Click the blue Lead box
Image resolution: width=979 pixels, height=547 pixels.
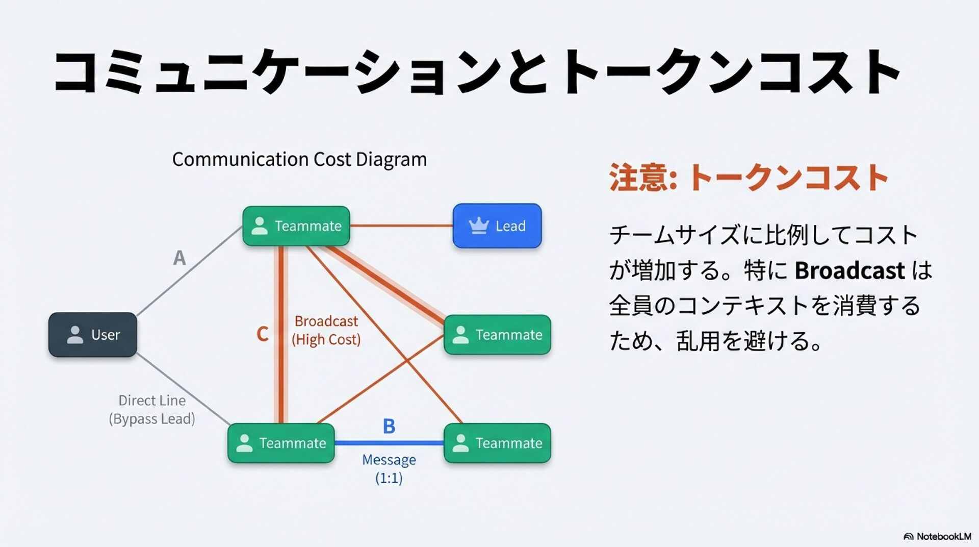[497, 226]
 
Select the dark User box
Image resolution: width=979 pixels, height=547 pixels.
[93, 335]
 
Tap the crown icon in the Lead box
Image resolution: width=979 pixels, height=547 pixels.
[478, 226]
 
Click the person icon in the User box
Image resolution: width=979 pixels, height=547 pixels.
[75, 335]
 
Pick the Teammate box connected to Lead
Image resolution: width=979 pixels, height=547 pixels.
[296, 226]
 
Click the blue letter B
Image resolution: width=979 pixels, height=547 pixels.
[389, 426]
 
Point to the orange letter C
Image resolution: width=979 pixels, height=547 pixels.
[262, 334]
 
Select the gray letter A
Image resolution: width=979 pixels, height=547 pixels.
[179, 258]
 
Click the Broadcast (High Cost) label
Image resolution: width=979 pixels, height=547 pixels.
[326, 330]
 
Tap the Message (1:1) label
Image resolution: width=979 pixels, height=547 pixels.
[389, 468]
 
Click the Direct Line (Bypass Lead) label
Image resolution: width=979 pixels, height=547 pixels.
[152, 409]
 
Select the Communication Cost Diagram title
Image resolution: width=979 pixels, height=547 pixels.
[299, 159]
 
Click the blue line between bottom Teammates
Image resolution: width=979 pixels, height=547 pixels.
[389, 443]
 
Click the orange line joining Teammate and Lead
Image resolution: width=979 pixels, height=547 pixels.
[401, 226]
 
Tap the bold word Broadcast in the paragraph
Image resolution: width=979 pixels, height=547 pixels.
[849, 270]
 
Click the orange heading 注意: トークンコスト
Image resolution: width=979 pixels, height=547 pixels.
[749, 177]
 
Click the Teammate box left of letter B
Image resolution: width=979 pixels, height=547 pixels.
[281, 443]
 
